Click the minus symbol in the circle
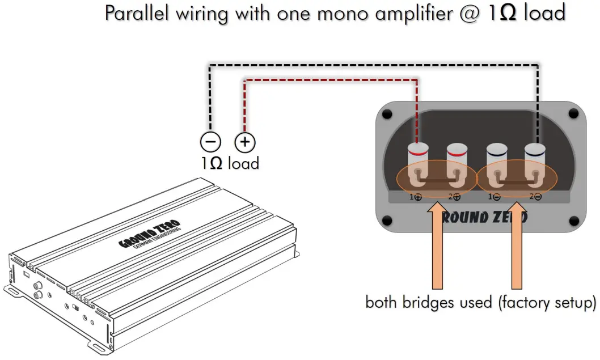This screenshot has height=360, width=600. click(209, 141)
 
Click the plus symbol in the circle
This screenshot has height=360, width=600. click(245, 141)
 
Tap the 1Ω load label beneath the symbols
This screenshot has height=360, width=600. click(229, 164)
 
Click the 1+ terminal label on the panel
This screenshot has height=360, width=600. click(416, 197)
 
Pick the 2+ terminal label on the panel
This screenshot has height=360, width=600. click(454, 197)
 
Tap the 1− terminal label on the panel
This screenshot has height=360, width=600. click(494, 197)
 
